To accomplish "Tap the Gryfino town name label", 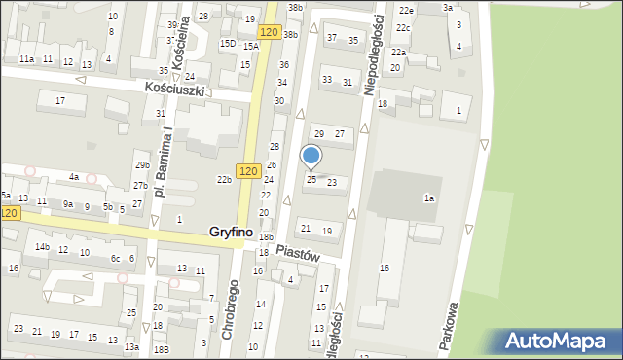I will pyautogui.click(x=231, y=233).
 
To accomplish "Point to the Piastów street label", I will pyautogui.click(x=299, y=251).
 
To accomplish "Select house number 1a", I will pyautogui.click(x=427, y=198).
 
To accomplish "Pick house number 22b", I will pyautogui.click(x=224, y=179).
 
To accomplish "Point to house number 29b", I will pyautogui.click(x=142, y=165).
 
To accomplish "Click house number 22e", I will pyautogui.click(x=406, y=10).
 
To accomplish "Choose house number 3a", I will pyautogui.click(x=448, y=7).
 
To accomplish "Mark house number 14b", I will pyautogui.click(x=42, y=247).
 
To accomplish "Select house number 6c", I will pyautogui.click(x=115, y=258).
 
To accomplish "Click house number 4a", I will pyautogui.click(x=73, y=177).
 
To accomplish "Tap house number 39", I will pyautogui.click(x=172, y=25).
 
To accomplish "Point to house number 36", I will pyautogui.click(x=283, y=64).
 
